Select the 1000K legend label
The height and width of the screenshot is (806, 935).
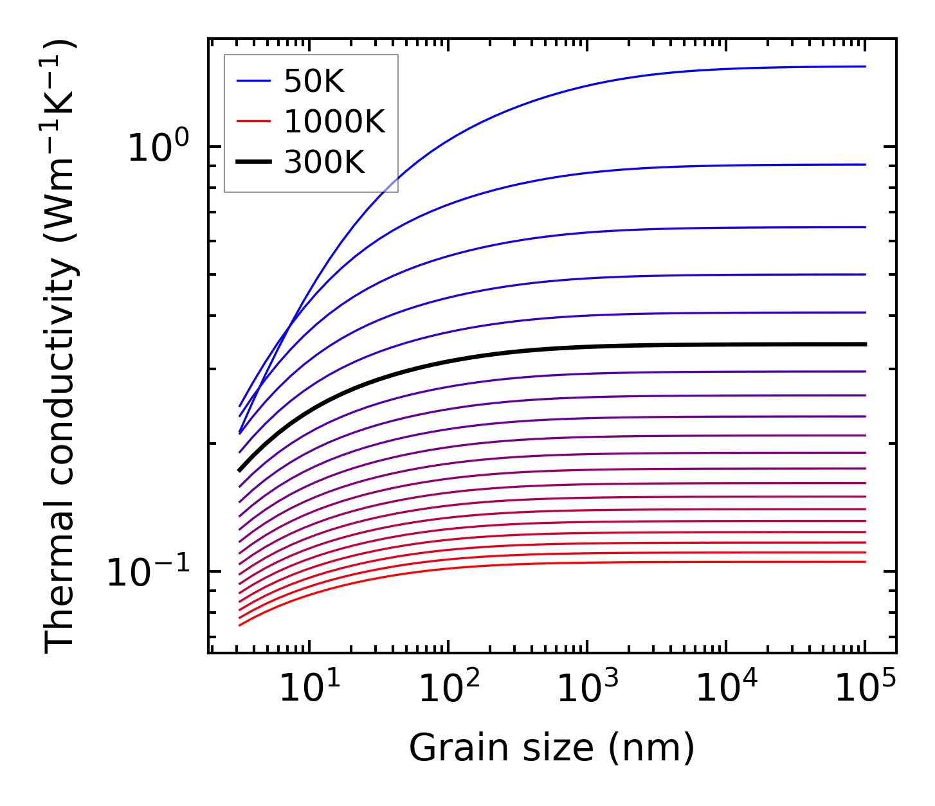[x=334, y=121]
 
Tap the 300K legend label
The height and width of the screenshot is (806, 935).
[x=324, y=163]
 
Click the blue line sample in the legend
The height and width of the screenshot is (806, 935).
[x=254, y=81]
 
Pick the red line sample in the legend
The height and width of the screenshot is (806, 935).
[x=254, y=121]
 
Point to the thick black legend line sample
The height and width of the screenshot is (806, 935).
[x=254, y=163]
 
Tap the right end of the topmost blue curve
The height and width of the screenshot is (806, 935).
[x=865, y=66]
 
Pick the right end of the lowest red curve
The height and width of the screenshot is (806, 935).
[x=865, y=562]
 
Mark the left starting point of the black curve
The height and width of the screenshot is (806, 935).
[x=239, y=470]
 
